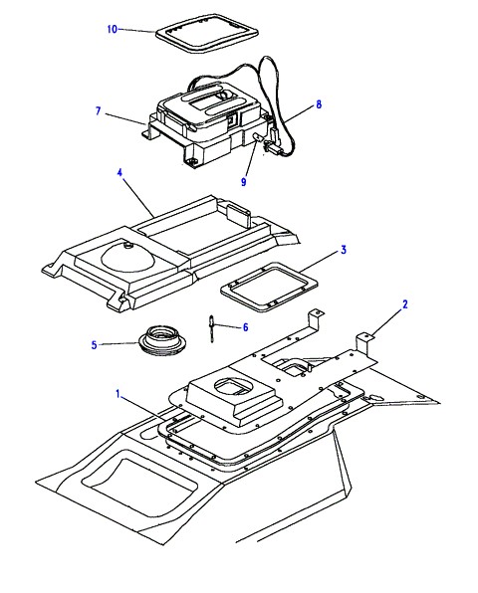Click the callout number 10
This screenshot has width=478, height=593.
(x=113, y=29)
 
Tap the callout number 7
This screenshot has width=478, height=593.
(x=99, y=110)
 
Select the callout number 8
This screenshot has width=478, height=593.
(x=319, y=104)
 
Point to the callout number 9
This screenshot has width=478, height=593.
(x=243, y=182)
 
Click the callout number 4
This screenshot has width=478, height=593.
(x=119, y=173)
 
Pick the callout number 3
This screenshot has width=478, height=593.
(x=344, y=250)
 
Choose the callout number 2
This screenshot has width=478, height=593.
(x=405, y=304)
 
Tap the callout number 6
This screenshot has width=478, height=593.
(x=245, y=327)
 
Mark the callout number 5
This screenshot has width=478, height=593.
(x=95, y=345)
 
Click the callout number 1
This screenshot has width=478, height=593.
(x=118, y=394)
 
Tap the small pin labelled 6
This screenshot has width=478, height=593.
(x=212, y=328)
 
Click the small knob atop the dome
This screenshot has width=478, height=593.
(x=126, y=246)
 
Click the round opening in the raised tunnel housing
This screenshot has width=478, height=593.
(x=232, y=387)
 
